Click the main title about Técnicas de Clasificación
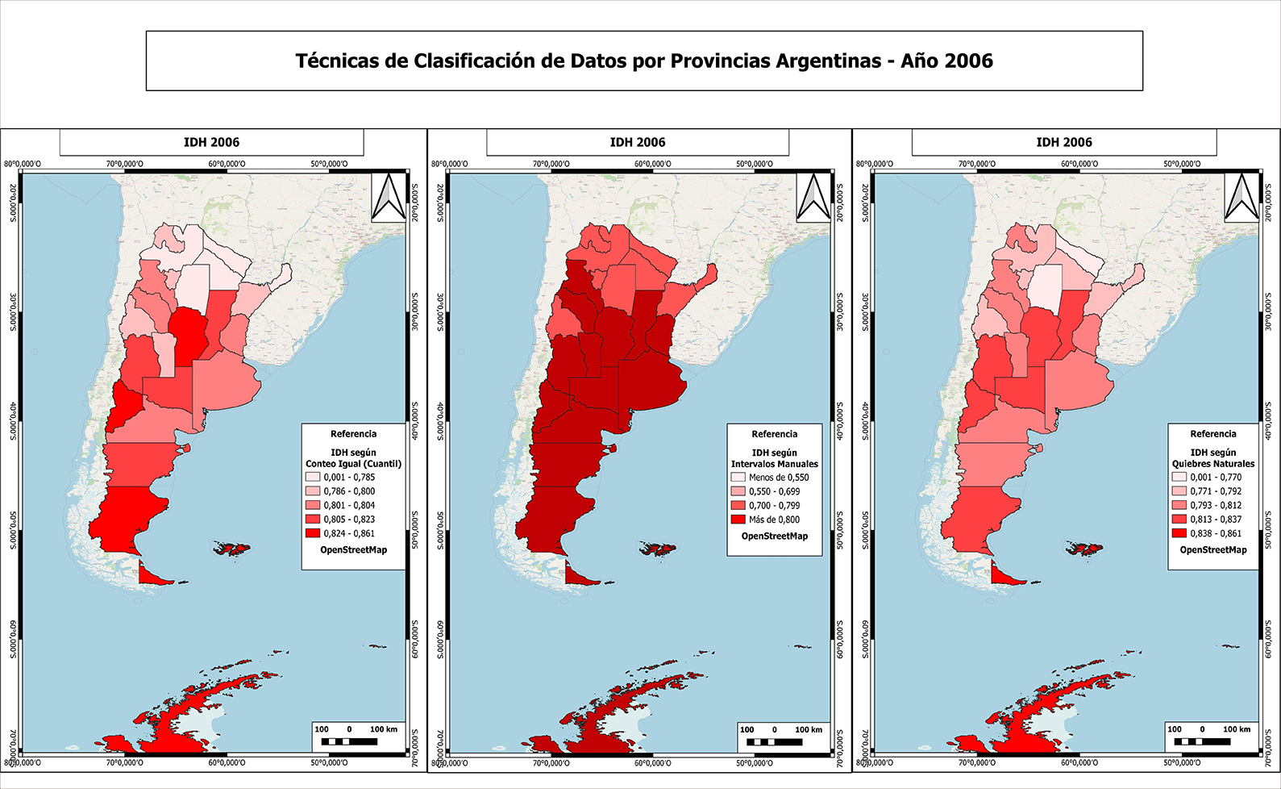coord(643,61)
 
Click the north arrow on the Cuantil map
coord(389,197)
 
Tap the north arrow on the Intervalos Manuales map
coord(813,197)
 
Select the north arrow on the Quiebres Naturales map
coord(1241,197)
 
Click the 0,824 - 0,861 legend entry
coord(348,533)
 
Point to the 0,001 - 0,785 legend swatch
coord(312,477)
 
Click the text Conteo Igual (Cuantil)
coord(353,464)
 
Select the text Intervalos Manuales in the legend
coord(774,464)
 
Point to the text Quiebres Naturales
coord(1213,464)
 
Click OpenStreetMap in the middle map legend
coord(774,536)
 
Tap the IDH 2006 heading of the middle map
coord(637,142)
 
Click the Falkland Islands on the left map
coord(232,549)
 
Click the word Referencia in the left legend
coord(353,434)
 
